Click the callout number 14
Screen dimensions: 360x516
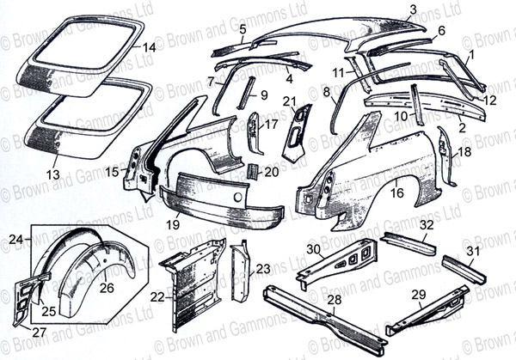[x=150, y=48]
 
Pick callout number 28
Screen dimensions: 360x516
[x=335, y=300]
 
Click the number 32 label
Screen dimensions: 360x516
[x=427, y=225]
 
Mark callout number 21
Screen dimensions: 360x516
[x=289, y=101]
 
